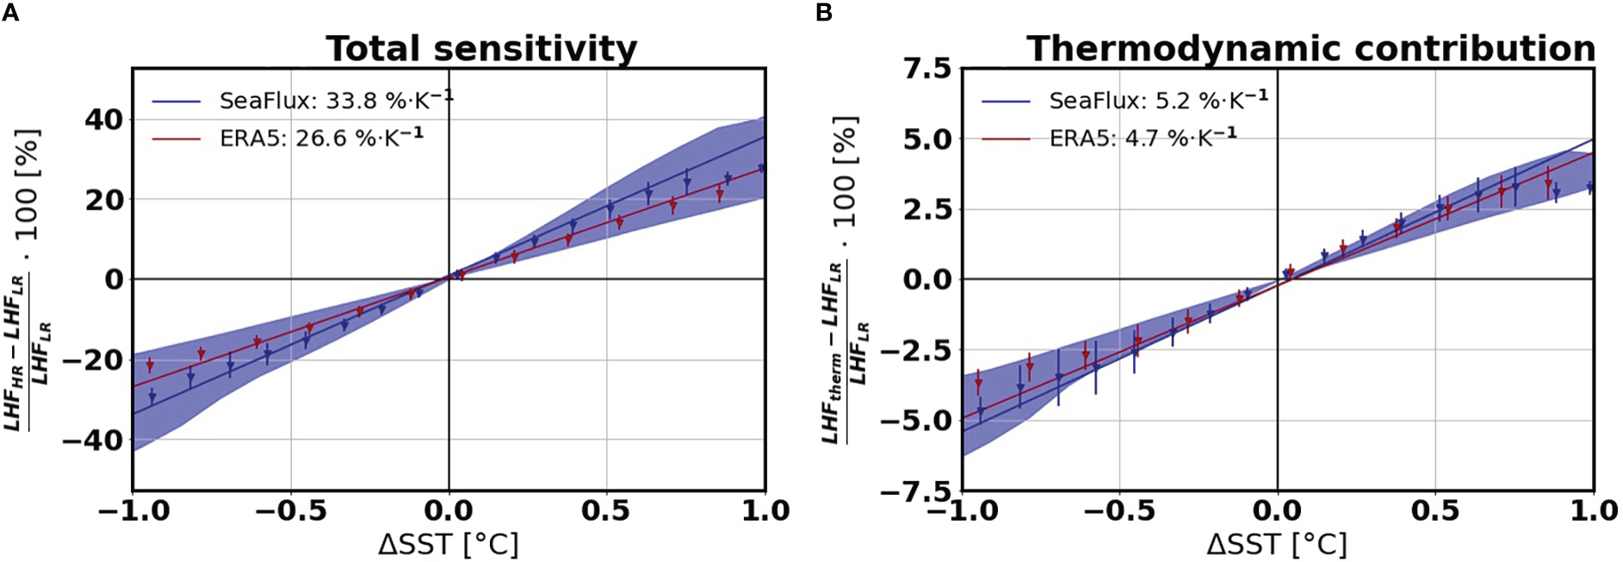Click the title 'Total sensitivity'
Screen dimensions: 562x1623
(x=481, y=49)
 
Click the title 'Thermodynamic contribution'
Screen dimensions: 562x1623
(x=1310, y=49)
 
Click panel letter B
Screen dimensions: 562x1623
(x=823, y=13)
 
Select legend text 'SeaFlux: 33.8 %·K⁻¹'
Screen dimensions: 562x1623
(x=336, y=100)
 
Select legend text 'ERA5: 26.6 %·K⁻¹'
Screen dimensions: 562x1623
(x=321, y=138)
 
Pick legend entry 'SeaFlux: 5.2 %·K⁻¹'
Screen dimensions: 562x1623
(x=1158, y=100)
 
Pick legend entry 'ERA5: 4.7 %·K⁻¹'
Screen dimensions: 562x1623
(x=1143, y=138)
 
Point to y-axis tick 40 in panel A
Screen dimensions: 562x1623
(x=103, y=120)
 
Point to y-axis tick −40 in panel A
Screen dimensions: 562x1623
(x=93, y=441)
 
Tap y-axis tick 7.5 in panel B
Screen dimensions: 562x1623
(x=926, y=68)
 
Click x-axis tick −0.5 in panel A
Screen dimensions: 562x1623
(x=290, y=511)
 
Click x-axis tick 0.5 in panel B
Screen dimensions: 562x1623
(x=1435, y=511)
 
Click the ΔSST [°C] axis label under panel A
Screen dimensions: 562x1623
(x=448, y=544)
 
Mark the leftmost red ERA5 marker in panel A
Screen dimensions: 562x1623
(x=150, y=366)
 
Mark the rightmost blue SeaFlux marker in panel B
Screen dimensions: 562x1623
(x=1590, y=187)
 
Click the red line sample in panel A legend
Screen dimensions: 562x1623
(x=177, y=139)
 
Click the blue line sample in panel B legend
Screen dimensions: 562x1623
(x=1006, y=102)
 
